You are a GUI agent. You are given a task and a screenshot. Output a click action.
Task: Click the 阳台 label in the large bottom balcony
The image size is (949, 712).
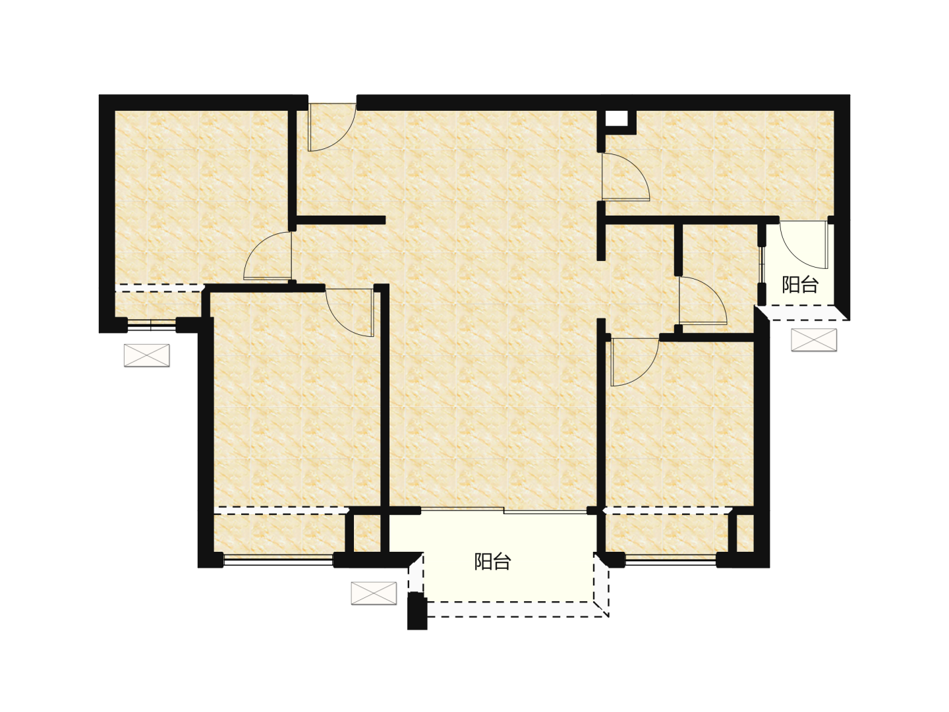492,562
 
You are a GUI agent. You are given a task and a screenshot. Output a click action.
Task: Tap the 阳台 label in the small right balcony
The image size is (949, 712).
800,285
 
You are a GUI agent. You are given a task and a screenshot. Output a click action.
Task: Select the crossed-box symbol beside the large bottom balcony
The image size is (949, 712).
374,593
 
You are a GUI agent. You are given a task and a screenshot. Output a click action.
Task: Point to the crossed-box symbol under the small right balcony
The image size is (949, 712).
814,340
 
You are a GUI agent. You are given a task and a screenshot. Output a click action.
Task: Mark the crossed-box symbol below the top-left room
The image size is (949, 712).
146,355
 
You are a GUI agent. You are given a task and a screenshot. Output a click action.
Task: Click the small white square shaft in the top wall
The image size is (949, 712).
616,118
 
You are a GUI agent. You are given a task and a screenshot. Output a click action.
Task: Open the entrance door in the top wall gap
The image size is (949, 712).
331,127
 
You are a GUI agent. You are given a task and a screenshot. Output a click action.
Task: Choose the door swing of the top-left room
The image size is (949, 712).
268,256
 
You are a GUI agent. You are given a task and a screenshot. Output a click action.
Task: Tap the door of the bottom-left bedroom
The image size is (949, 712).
350,312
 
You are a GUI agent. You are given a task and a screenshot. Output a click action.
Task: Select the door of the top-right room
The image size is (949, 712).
626,177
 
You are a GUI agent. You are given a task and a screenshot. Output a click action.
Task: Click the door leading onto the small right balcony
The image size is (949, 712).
804,245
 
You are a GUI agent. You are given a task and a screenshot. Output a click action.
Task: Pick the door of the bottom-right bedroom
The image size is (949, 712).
635,362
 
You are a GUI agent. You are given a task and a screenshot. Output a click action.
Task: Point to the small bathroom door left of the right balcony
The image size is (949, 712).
703,301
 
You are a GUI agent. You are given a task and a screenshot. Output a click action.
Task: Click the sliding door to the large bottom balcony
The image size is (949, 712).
503,510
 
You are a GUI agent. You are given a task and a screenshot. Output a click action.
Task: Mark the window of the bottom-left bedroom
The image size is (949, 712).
278,560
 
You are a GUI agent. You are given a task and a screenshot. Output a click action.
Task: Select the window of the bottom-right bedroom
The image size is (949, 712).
671,560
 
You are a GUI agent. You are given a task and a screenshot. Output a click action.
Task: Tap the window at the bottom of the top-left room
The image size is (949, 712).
152,325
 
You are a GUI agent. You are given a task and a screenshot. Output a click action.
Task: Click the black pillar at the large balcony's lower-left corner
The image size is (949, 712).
417,610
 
